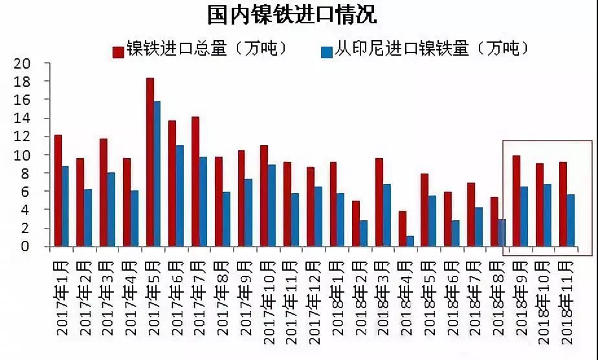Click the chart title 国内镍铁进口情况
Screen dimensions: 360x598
pyautogui.click(x=292, y=15)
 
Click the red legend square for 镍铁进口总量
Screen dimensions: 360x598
pyautogui.click(x=118, y=51)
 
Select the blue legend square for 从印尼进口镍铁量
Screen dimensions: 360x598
pyautogui.click(x=327, y=51)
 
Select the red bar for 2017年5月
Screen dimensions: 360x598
pyautogui.click(x=149, y=162)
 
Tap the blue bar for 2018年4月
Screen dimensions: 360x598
pyautogui.click(x=409, y=241)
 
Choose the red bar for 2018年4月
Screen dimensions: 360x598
pyautogui.click(x=402, y=229)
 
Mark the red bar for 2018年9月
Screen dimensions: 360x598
pyautogui.click(x=516, y=201)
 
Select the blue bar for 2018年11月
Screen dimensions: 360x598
pyautogui.click(x=570, y=220)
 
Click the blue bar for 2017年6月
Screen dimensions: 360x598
pyautogui.click(x=180, y=196)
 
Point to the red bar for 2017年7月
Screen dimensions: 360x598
pyautogui.click(x=195, y=181)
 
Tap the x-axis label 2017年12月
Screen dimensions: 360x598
pyautogui.click(x=313, y=298)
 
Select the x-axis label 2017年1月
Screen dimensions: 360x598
pyautogui.click(x=62, y=298)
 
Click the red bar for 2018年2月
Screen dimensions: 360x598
pyautogui.click(x=356, y=223)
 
